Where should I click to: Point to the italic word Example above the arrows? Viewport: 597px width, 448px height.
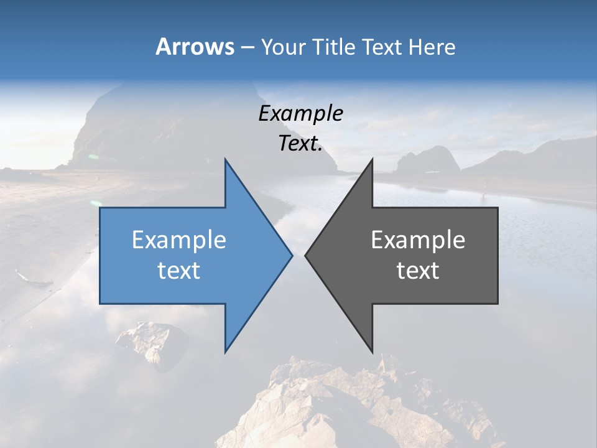pyautogui.click(x=300, y=114)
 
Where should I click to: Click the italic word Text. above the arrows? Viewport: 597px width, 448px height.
pyautogui.click(x=300, y=144)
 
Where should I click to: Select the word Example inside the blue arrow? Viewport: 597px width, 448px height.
pyautogui.click(x=179, y=240)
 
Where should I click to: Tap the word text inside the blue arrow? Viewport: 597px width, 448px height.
pyautogui.click(x=179, y=271)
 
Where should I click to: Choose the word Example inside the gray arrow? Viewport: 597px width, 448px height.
pyautogui.click(x=418, y=240)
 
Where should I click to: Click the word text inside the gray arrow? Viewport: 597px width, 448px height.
pyautogui.click(x=418, y=271)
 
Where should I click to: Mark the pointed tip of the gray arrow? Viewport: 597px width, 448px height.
pyautogui.click(x=305, y=255)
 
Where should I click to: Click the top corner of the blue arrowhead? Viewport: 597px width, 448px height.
pyautogui.click(x=225, y=159)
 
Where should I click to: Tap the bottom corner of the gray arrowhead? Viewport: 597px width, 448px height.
pyautogui.click(x=373, y=352)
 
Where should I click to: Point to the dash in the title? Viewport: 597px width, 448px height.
pyautogui.click(x=247, y=47)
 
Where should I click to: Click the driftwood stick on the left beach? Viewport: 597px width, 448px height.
pyautogui.click(x=31, y=278)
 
